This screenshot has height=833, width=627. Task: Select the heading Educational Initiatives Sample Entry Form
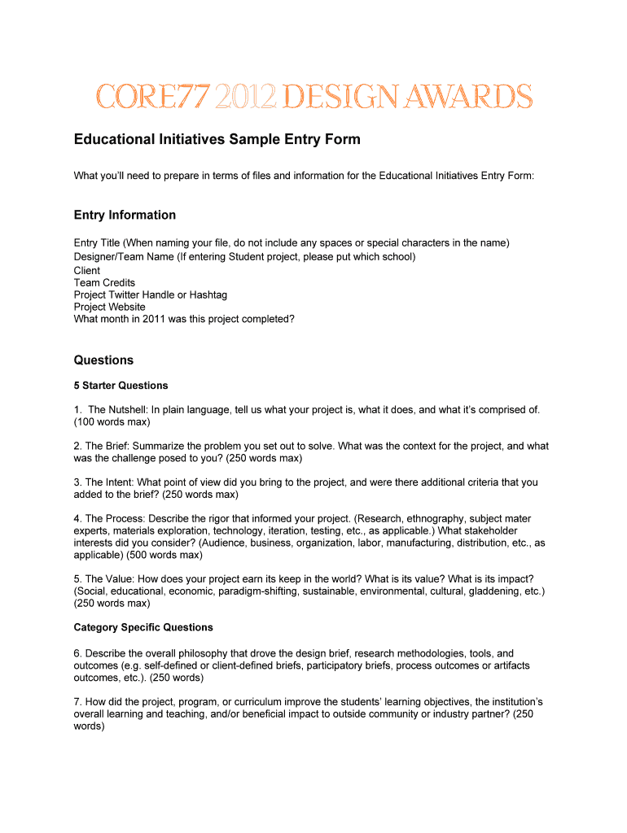(217, 140)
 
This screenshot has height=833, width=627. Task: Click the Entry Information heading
(125, 215)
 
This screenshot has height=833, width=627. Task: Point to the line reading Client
(87, 270)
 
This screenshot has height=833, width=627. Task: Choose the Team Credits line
(104, 282)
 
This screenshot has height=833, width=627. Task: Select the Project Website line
(110, 307)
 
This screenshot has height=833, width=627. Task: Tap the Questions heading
(103, 360)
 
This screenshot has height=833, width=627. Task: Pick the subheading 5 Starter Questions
(121, 385)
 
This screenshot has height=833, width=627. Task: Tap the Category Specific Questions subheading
(143, 627)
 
